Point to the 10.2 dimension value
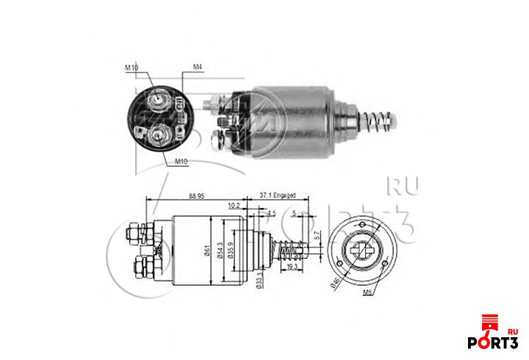pyautogui.click(x=234, y=206)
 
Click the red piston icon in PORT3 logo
pyautogui.click(x=486, y=323)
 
